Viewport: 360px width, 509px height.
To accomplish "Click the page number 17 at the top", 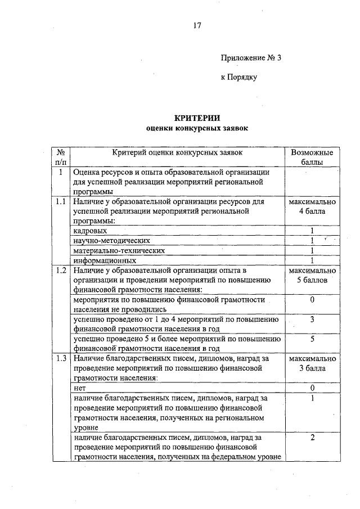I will pyautogui.click(x=196, y=25).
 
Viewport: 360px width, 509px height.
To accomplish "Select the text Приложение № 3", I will pyautogui.click(x=250, y=57).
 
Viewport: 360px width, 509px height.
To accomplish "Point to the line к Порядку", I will pyautogui.click(x=238, y=77).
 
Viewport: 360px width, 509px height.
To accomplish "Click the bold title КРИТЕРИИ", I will pyautogui.click(x=196, y=118).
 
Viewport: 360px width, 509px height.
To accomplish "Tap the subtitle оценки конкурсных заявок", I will pyautogui.click(x=196, y=128).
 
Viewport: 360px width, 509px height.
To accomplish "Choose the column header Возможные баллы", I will pyautogui.click(x=312, y=157).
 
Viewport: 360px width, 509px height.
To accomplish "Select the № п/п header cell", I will pyautogui.click(x=60, y=157).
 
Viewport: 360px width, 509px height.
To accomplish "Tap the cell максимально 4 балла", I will pyautogui.click(x=312, y=206).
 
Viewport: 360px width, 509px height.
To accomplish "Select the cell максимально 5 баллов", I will pyautogui.click(x=312, y=276).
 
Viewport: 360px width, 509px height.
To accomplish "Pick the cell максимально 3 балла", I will pyautogui.click(x=312, y=363).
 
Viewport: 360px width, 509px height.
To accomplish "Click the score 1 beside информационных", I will pyautogui.click(x=312, y=260).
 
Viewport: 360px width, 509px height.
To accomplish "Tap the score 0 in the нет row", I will pyautogui.click(x=312, y=388).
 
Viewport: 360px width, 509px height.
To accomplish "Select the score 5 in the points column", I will pyautogui.click(x=312, y=339).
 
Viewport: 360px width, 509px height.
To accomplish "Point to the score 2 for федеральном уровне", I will pyautogui.click(x=312, y=437).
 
